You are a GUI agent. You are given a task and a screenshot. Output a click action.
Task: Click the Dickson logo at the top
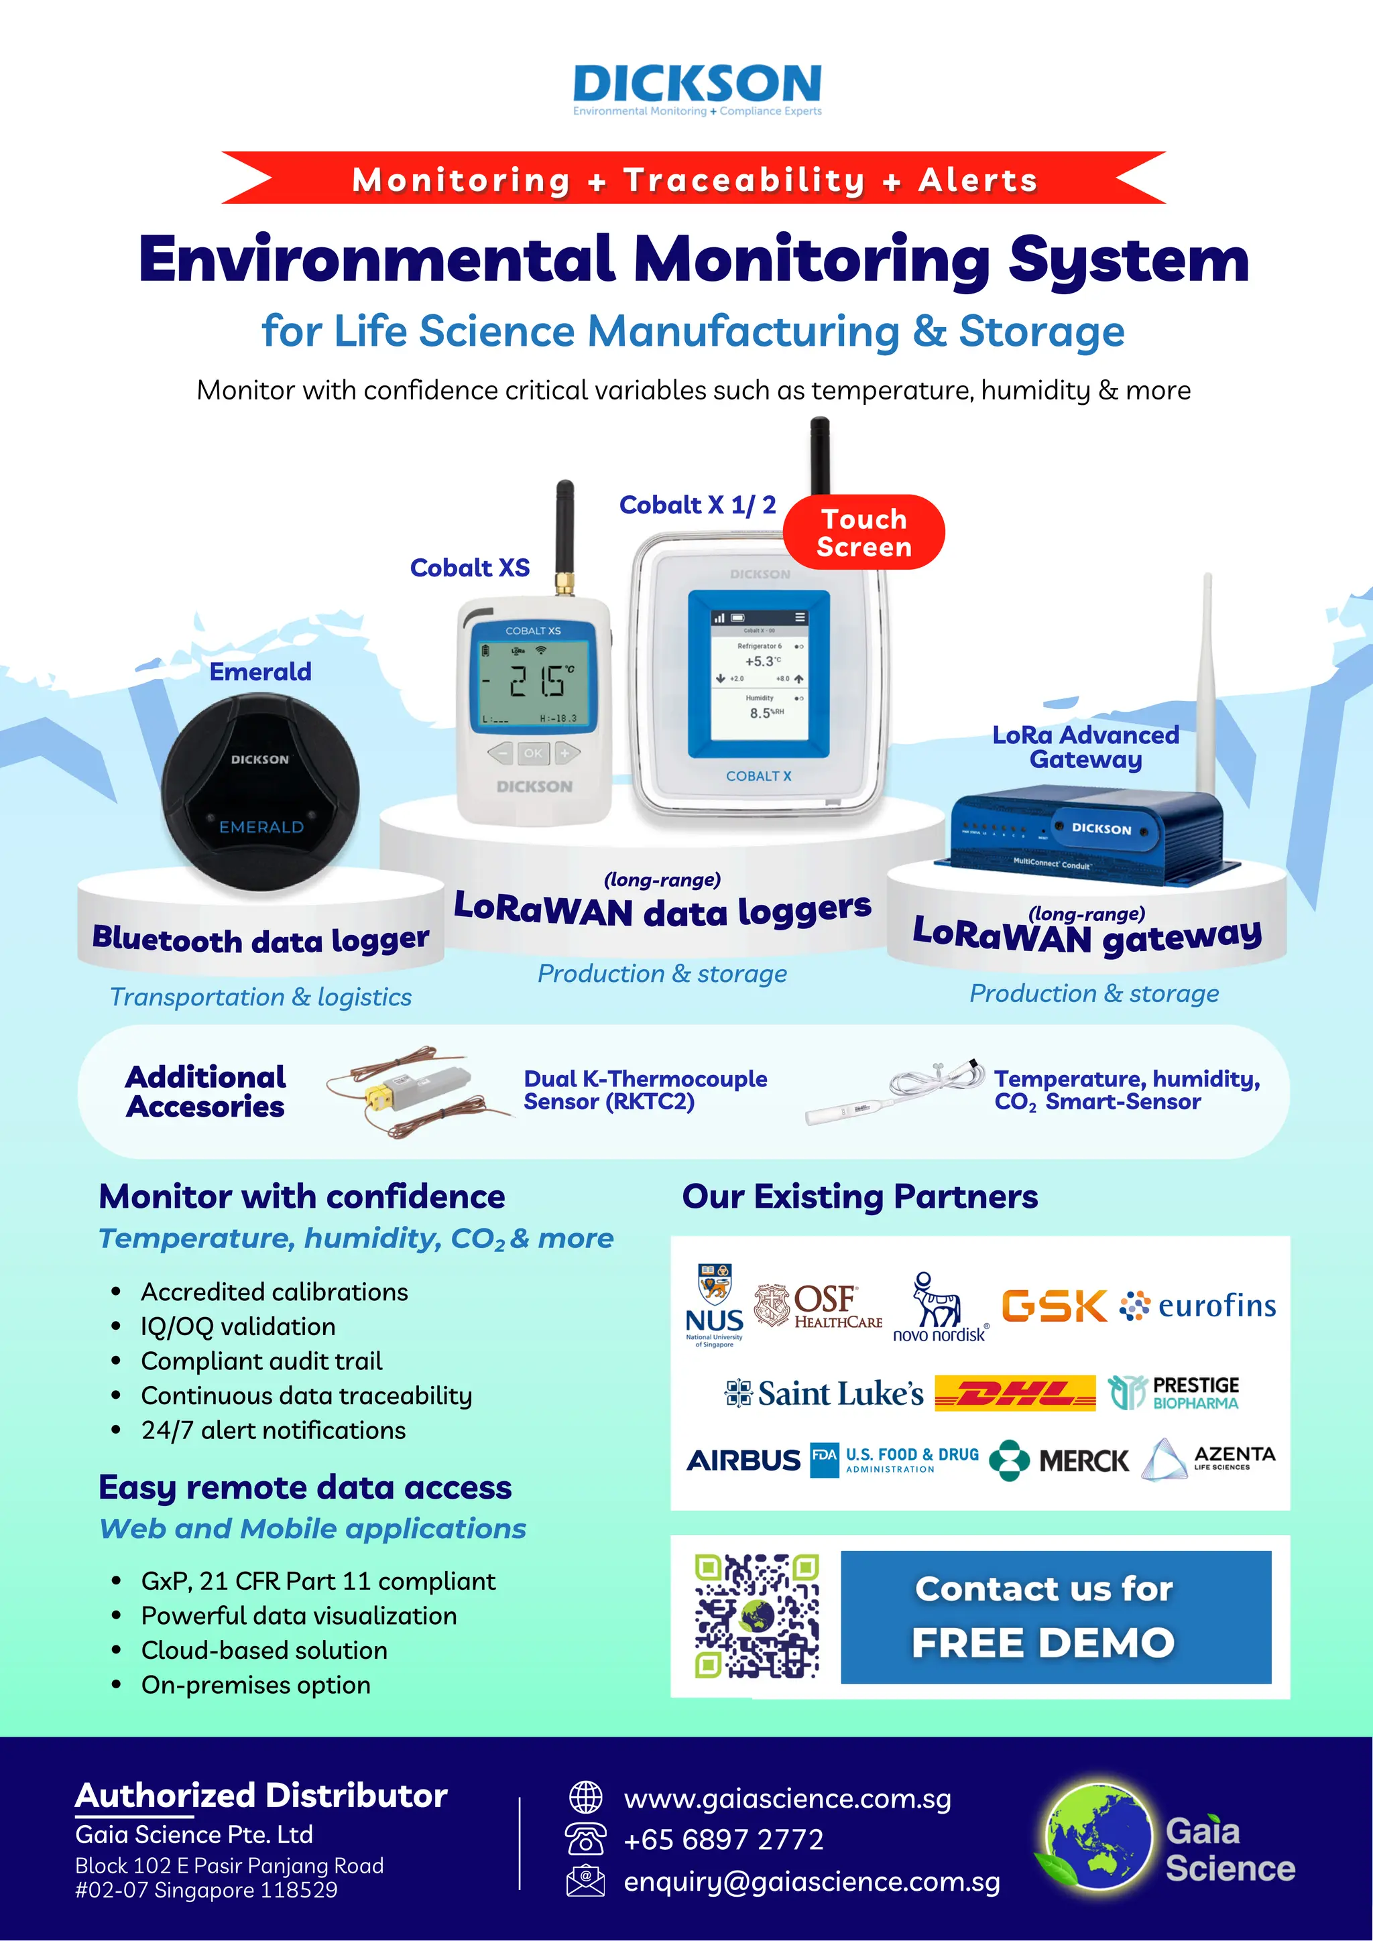click(x=697, y=88)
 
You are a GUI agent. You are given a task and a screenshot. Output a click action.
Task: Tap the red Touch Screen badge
click(x=863, y=533)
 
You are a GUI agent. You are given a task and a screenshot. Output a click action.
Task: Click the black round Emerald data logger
click(x=260, y=792)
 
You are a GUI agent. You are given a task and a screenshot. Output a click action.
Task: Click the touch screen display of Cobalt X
click(x=758, y=673)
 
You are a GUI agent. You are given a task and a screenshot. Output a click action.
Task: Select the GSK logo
click(x=1053, y=1306)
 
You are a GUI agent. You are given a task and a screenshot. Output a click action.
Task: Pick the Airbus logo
click(x=743, y=1460)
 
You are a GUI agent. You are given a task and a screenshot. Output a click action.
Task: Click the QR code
click(x=757, y=1615)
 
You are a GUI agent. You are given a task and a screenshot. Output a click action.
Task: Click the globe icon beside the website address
click(x=585, y=1798)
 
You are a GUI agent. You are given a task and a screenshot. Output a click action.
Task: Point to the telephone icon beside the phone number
click(x=585, y=1838)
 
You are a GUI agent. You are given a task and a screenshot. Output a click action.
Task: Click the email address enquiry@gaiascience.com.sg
click(x=812, y=1882)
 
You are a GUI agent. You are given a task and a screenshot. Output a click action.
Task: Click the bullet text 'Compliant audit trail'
click(x=261, y=1361)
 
